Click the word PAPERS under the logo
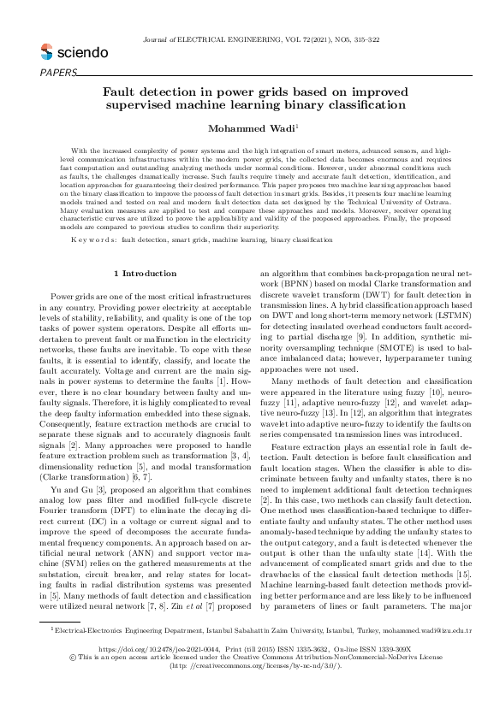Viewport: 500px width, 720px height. point(57,72)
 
